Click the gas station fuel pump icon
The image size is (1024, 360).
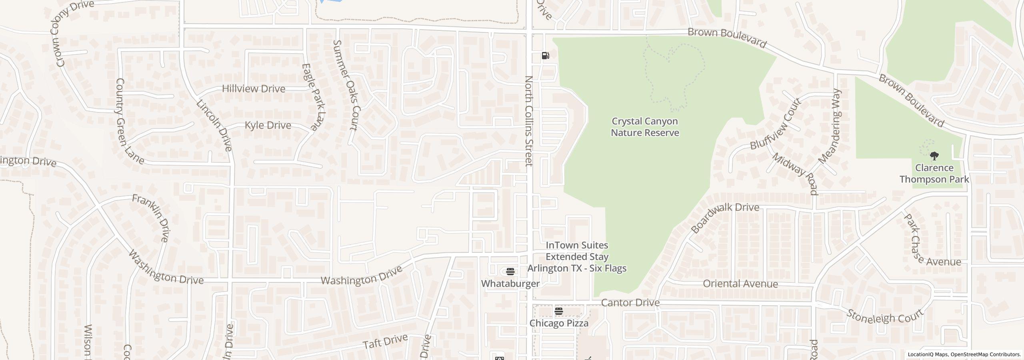click(x=545, y=56)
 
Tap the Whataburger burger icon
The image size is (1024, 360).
click(x=510, y=272)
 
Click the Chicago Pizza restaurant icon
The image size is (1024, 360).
click(x=559, y=311)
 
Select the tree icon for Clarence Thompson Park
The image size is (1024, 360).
click(x=934, y=156)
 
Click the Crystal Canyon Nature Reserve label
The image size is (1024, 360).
click(x=645, y=127)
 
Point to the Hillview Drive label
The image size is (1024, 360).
click(x=254, y=89)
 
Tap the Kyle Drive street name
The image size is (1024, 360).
click(x=268, y=125)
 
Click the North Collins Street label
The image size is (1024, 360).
click(x=529, y=121)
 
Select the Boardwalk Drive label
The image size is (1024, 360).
click(x=724, y=218)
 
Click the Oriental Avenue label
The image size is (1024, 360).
click(x=740, y=284)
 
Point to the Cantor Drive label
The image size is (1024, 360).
click(x=630, y=303)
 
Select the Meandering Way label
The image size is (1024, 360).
click(x=830, y=126)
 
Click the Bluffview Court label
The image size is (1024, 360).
click(x=775, y=124)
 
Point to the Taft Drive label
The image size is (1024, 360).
click(x=385, y=341)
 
